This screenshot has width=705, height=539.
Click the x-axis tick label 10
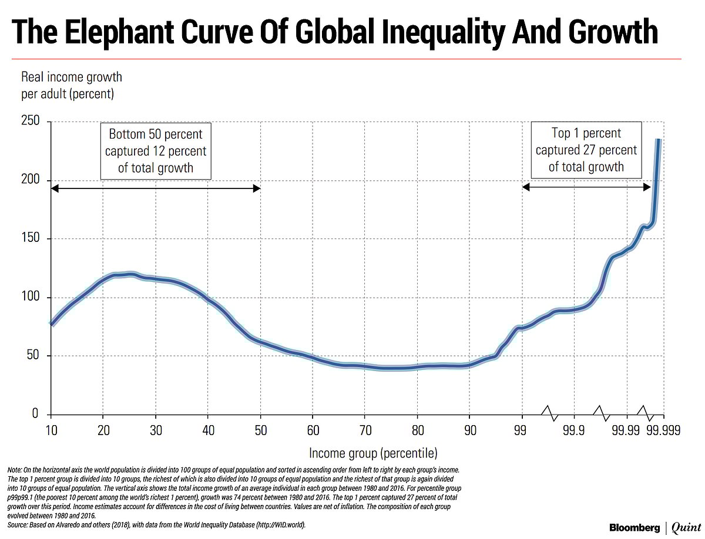pyautogui.click(x=52, y=431)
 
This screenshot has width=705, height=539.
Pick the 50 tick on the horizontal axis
pyautogui.click(x=260, y=431)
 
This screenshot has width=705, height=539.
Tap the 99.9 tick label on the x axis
pyautogui.click(x=573, y=431)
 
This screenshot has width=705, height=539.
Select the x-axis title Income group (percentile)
pyautogui.click(x=373, y=453)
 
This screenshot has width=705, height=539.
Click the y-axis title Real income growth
pyautogui.click(x=71, y=78)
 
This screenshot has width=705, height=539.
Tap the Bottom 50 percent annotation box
pyautogui.click(x=156, y=151)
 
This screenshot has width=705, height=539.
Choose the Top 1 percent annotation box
pyautogui.click(x=586, y=150)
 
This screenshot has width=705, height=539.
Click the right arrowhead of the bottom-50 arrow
pyautogui.click(x=257, y=188)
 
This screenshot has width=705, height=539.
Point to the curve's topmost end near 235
pyautogui.click(x=659, y=140)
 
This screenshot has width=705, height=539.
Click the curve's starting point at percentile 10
pyautogui.click(x=52, y=324)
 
